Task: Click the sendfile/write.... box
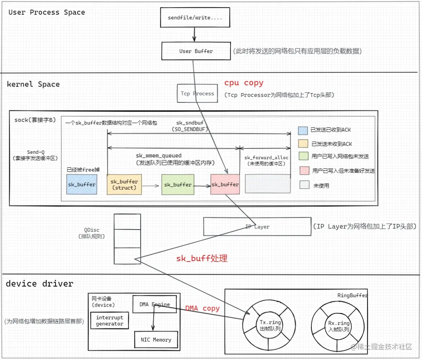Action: pos(195,18)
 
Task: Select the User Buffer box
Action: pos(196,51)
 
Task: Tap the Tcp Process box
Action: pos(197,93)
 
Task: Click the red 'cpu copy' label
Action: pos(244,83)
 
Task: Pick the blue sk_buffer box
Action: pos(81,184)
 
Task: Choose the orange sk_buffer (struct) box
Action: pos(124,184)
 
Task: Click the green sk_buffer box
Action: pos(177,184)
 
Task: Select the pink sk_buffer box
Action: pos(225,184)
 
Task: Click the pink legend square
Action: pos(304,171)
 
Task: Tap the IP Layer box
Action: pos(257,227)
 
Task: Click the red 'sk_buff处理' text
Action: pos(202,258)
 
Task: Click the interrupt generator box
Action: pos(110,321)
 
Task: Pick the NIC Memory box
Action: pos(156,340)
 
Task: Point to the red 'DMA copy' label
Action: pos(202,308)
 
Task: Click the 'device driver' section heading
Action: pos(40,284)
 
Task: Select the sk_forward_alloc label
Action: pos(266,158)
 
